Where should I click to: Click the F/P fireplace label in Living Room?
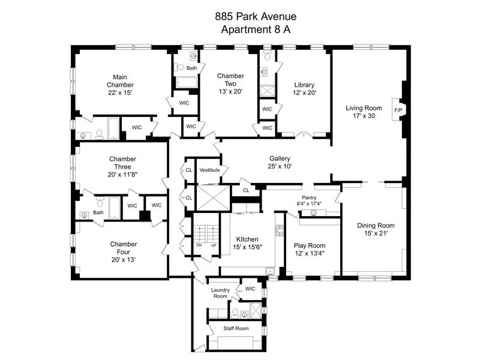click(x=398, y=110)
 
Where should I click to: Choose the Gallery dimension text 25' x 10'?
click(x=280, y=166)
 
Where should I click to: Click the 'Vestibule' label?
click(x=209, y=170)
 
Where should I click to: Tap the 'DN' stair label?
click(x=199, y=245)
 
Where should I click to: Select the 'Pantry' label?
click(x=309, y=197)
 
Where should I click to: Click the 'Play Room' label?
click(x=309, y=245)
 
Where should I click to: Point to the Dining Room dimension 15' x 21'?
click(x=376, y=234)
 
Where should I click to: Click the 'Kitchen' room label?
click(x=247, y=238)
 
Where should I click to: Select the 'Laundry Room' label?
click(x=220, y=293)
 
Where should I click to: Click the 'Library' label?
click(x=304, y=85)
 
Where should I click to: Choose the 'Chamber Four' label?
click(x=123, y=248)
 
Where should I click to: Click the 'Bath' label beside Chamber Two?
click(x=191, y=68)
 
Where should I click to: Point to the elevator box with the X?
click(x=209, y=197)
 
